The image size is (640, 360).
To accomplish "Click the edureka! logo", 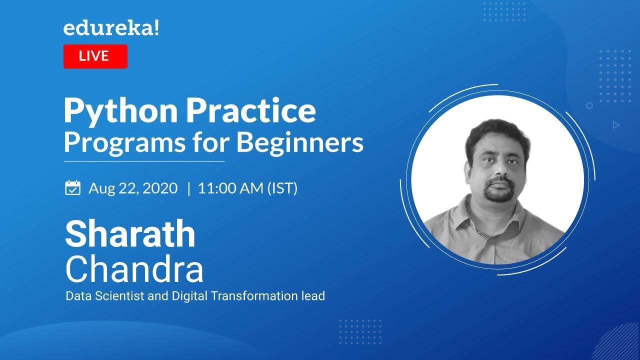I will [x=111, y=29].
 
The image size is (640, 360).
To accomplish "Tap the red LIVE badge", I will [x=95, y=56].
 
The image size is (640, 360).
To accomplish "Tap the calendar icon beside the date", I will [x=73, y=188].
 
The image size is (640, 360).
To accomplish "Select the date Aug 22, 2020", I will [x=133, y=188].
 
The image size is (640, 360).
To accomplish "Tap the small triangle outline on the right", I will [x=616, y=125].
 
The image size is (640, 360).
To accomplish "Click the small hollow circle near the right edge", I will [x=589, y=105].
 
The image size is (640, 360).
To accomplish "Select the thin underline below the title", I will [x=144, y=161].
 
